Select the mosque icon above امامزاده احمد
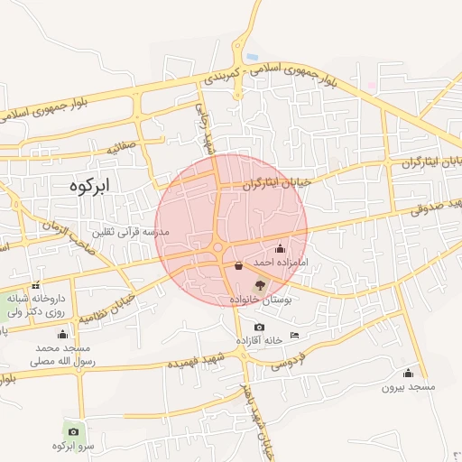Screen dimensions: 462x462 279,248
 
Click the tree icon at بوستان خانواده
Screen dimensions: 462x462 261,284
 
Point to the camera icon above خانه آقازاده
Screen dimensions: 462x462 260,327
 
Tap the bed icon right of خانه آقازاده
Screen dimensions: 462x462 295,336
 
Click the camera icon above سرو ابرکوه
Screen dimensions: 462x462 73,431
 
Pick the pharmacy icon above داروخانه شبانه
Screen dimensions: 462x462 36,286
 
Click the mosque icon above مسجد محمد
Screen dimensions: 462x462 62,334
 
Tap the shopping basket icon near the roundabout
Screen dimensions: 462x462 238,266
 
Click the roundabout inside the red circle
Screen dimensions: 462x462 217,247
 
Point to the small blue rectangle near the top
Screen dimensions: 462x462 252,58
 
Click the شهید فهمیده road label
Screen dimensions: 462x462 194,362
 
